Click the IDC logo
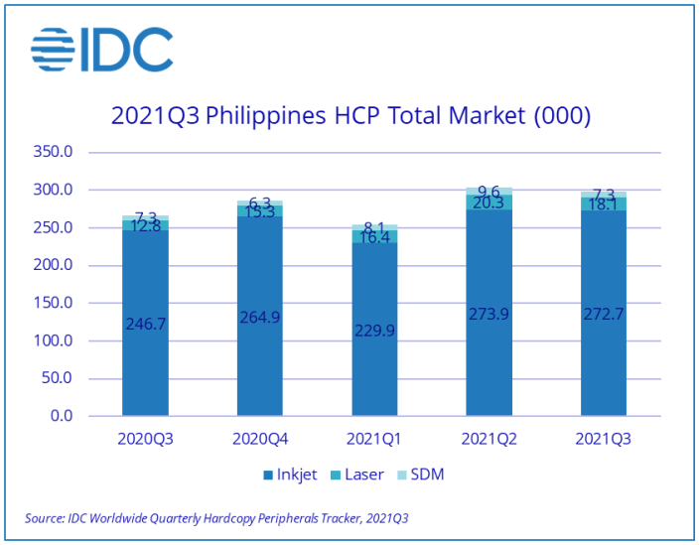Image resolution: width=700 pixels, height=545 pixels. point(101,51)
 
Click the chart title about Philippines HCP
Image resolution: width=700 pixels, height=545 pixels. point(350,116)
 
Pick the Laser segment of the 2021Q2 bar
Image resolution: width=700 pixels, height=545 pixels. point(489,202)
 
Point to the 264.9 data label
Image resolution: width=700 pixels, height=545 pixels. point(260,318)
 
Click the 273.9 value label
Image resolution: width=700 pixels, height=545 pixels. point(489,314)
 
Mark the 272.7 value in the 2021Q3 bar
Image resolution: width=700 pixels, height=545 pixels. point(603,314)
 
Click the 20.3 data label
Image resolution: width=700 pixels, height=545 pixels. point(489,203)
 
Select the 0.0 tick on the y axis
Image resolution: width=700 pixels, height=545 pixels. point(61,417)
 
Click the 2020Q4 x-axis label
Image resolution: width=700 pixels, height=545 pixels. point(260,438)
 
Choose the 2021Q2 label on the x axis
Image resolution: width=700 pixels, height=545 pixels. point(489,438)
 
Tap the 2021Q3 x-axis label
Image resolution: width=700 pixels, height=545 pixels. point(603,438)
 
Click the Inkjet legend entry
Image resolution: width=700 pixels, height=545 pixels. point(290,475)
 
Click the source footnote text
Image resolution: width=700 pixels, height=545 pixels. point(216,518)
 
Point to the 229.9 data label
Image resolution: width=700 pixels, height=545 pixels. point(374,331)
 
